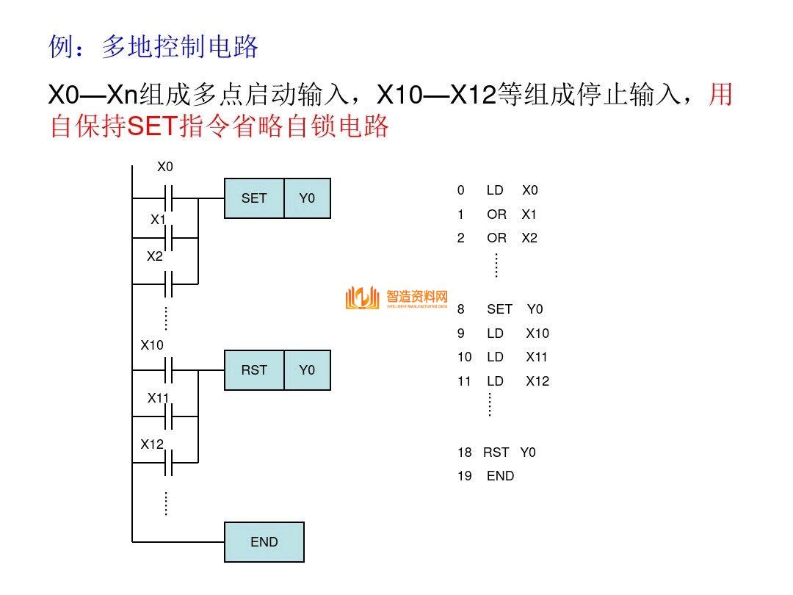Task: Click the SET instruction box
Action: click(254, 198)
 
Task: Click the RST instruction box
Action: click(254, 370)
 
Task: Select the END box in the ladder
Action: click(264, 542)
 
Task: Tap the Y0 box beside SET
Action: click(307, 198)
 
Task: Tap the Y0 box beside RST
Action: click(307, 370)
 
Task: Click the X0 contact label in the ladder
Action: click(165, 167)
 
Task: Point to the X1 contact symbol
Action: click(168, 238)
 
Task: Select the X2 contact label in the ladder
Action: click(154, 256)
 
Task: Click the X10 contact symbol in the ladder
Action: click(168, 370)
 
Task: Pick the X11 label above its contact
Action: click(158, 398)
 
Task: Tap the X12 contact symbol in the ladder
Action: click(168, 463)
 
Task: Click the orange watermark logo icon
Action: click(362, 297)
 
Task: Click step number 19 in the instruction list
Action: click(464, 476)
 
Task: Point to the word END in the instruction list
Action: click(500, 476)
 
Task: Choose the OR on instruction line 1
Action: click(496, 214)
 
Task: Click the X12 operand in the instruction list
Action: click(537, 381)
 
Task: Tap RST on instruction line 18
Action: click(496, 452)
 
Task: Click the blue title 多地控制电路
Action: click(180, 48)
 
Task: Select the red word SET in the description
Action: click(153, 127)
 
